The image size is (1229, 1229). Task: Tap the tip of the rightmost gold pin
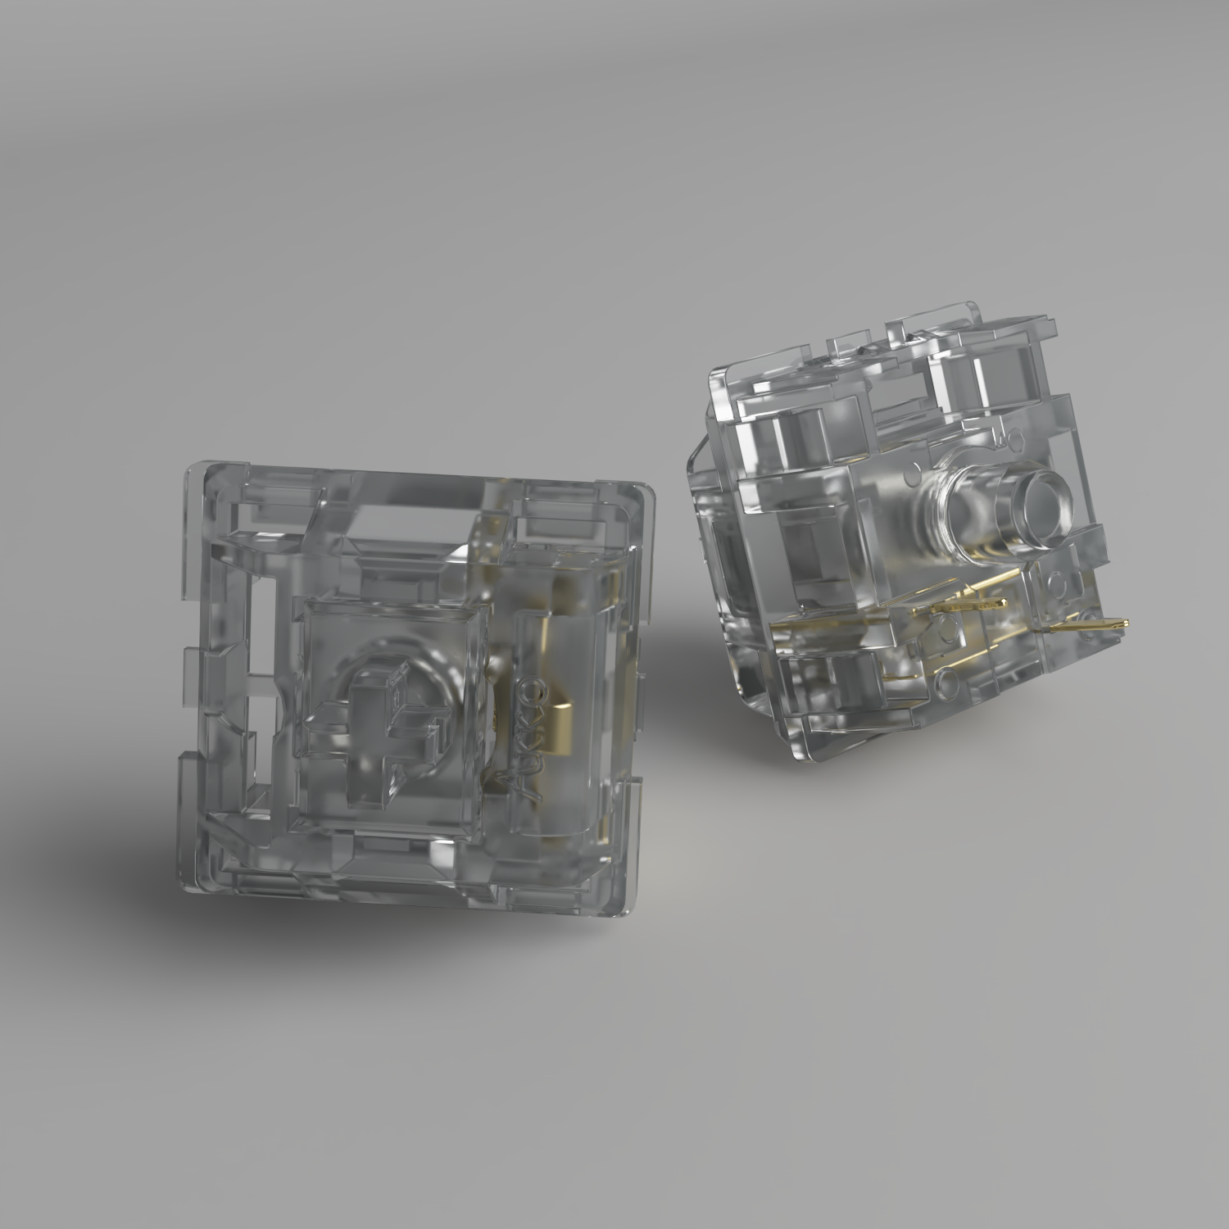(1127, 624)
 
